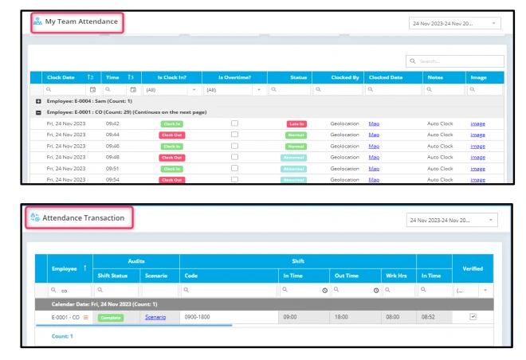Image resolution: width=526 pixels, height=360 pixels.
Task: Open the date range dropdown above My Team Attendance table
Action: click(454, 24)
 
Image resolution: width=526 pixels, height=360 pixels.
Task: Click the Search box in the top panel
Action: click(459, 61)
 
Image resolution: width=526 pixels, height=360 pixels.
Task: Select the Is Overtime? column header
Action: click(234, 77)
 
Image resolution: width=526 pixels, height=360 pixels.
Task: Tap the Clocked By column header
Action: click(345, 77)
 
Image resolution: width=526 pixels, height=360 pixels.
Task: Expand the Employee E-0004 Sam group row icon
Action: click(38, 101)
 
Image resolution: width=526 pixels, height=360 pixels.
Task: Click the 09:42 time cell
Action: click(112, 123)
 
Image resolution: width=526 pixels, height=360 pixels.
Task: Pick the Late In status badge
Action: click(296, 124)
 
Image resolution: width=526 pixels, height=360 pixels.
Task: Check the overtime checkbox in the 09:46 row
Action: click(234, 147)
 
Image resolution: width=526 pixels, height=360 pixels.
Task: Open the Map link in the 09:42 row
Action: click(374, 123)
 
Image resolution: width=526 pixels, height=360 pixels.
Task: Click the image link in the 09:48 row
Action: click(477, 158)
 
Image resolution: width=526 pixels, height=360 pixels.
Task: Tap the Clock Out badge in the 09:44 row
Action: click(171, 135)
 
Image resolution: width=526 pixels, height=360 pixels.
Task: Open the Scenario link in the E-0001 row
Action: click(155, 317)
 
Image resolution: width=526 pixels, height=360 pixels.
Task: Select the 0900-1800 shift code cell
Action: click(197, 317)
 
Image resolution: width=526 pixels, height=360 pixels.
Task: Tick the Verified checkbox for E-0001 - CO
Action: click(473, 317)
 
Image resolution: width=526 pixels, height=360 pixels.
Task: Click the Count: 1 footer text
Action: click(62, 336)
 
